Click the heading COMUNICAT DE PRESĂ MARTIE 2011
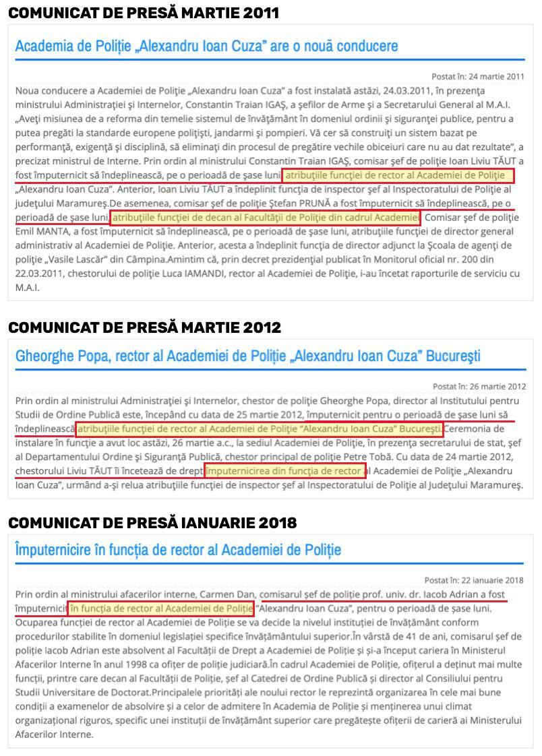[144, 13]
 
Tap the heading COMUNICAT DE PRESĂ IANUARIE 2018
[152, 522]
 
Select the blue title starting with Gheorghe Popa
[247, 356]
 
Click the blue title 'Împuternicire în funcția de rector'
[178, 550]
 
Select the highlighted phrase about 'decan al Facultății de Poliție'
[265, 218]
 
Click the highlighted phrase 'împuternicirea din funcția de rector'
[285, 470]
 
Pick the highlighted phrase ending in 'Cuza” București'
[260, 429]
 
